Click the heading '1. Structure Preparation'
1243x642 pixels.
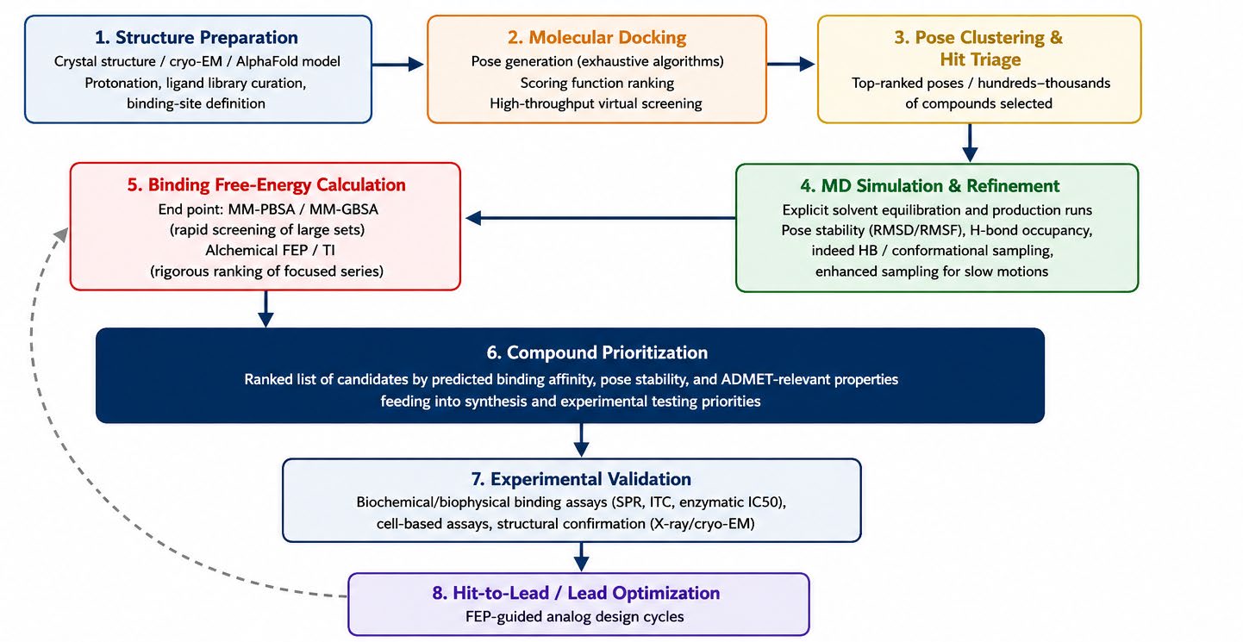coord(196,37)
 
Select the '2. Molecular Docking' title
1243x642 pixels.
coord(597,37)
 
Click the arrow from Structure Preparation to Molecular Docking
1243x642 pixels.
coord(398,65)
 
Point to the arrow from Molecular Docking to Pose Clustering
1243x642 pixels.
coord(790,64)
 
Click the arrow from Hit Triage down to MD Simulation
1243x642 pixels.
coord(970,143)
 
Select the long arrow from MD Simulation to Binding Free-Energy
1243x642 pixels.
coord(601,218)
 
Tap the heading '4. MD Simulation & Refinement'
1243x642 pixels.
coord(929,185)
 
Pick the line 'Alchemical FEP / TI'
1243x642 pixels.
coord(271,250)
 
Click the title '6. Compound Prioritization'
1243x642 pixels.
coord(597,352)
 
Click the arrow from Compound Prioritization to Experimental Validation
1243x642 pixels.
coord(581,440)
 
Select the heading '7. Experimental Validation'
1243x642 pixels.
coord(581,479)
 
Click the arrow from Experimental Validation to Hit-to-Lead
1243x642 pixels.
coord(581,557)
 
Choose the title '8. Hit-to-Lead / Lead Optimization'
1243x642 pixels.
coord(576,593)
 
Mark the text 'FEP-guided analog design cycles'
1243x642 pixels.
coord(574,616)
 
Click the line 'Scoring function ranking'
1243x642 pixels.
coord(597,83)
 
